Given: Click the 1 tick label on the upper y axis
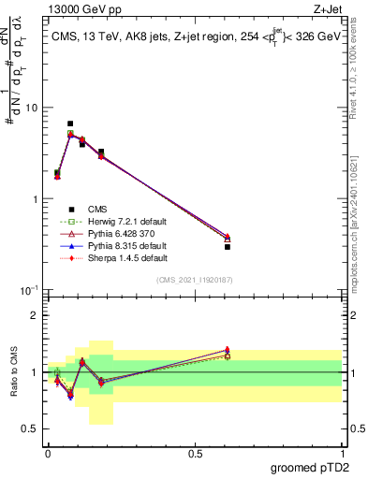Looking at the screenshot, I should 35,199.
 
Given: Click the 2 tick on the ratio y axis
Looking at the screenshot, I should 35,315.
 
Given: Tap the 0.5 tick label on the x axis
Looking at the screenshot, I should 195,453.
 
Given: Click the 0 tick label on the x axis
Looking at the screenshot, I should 48,453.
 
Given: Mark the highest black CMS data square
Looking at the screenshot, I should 70,123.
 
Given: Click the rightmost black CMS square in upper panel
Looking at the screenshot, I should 228,246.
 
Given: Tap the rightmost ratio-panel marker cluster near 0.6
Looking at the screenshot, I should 228,353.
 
